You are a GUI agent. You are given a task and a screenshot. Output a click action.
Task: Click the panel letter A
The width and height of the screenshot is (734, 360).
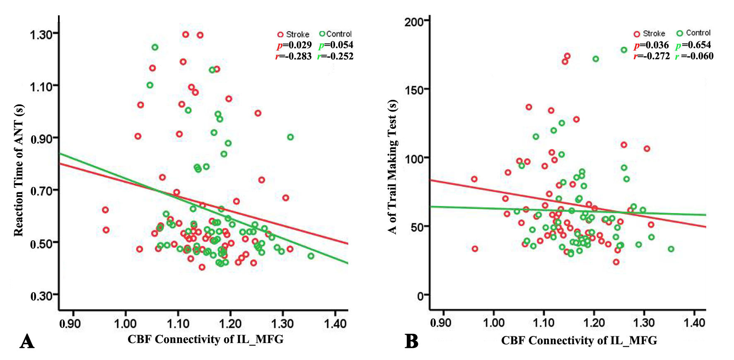[27, 342]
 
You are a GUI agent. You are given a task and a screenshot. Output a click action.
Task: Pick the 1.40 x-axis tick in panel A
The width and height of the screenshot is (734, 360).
[335, 324]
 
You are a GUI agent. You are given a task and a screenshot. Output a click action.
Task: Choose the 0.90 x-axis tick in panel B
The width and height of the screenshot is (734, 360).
[440, 323]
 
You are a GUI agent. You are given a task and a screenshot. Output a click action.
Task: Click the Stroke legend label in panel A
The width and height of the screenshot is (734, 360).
[297, 34]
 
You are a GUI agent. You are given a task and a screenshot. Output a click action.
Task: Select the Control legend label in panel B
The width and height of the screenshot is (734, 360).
[698, 33]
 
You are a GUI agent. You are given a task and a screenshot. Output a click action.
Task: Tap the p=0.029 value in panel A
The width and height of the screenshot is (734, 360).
[294, 45]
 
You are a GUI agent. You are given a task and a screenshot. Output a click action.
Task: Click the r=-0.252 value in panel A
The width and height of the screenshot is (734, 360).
[336, 56]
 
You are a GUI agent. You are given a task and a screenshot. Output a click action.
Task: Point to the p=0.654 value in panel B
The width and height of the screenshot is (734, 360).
[693, 45]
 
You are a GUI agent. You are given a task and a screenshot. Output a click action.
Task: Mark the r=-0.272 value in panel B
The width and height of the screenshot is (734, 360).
[652, 56]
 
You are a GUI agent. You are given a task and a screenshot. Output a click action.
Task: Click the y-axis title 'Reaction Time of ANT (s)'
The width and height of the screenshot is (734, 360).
[19, 170]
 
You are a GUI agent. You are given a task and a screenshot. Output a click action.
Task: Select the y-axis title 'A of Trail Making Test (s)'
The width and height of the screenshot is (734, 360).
[392, 167]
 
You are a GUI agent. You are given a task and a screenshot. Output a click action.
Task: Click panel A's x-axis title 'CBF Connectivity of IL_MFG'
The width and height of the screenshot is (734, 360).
[205, 339]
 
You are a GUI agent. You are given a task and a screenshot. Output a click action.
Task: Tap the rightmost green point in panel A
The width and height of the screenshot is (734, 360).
[311, 256]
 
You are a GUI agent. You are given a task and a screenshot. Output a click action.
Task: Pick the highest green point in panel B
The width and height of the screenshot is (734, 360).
[624, 50]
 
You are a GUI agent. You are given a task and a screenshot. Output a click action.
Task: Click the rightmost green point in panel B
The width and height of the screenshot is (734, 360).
[671, 249]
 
